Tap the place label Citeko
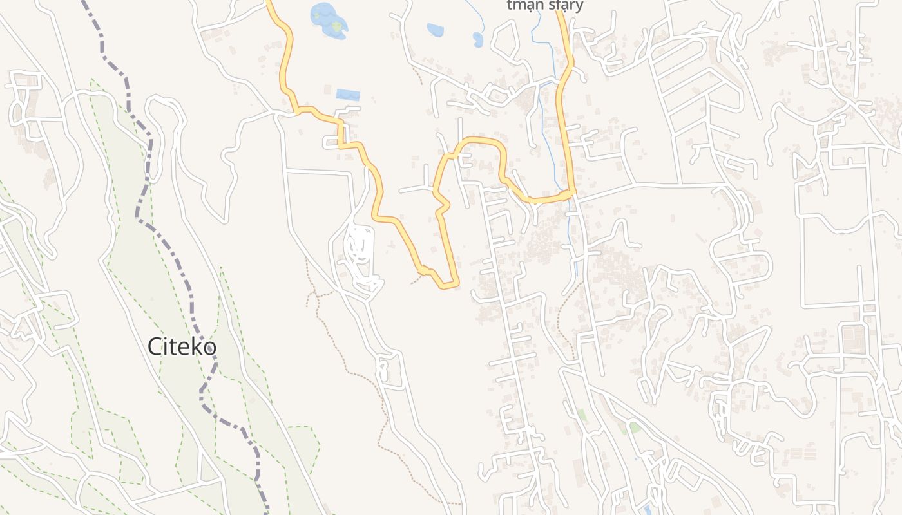[182, 346]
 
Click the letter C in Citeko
[155, 346]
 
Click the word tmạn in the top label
[524, 6]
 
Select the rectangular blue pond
[348, 95]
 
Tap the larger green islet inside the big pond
[336, 26]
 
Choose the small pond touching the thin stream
[477, 40]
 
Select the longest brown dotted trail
[361, 373]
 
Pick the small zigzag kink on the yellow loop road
[441, 206]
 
